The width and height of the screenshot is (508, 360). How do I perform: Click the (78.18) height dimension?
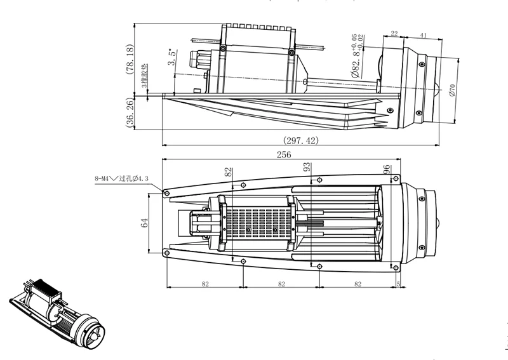tap(130, 60)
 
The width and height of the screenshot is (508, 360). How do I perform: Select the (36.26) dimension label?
tap(130, 114)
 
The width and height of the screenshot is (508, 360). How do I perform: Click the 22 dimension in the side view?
tap(394, 34)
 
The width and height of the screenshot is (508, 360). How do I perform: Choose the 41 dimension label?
tap(422, 34)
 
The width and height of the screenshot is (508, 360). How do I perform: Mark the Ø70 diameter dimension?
tap(452, 90)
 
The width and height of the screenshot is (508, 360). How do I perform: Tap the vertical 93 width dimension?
tap(307, 168)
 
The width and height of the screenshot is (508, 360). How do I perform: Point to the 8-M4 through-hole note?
tap(121, 179)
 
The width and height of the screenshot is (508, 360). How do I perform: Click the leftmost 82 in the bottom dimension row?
tap(204, 284)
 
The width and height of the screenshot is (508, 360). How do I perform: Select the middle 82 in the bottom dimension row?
tap(280, 284)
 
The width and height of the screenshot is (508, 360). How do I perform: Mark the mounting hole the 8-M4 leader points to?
tap(166, 192)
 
